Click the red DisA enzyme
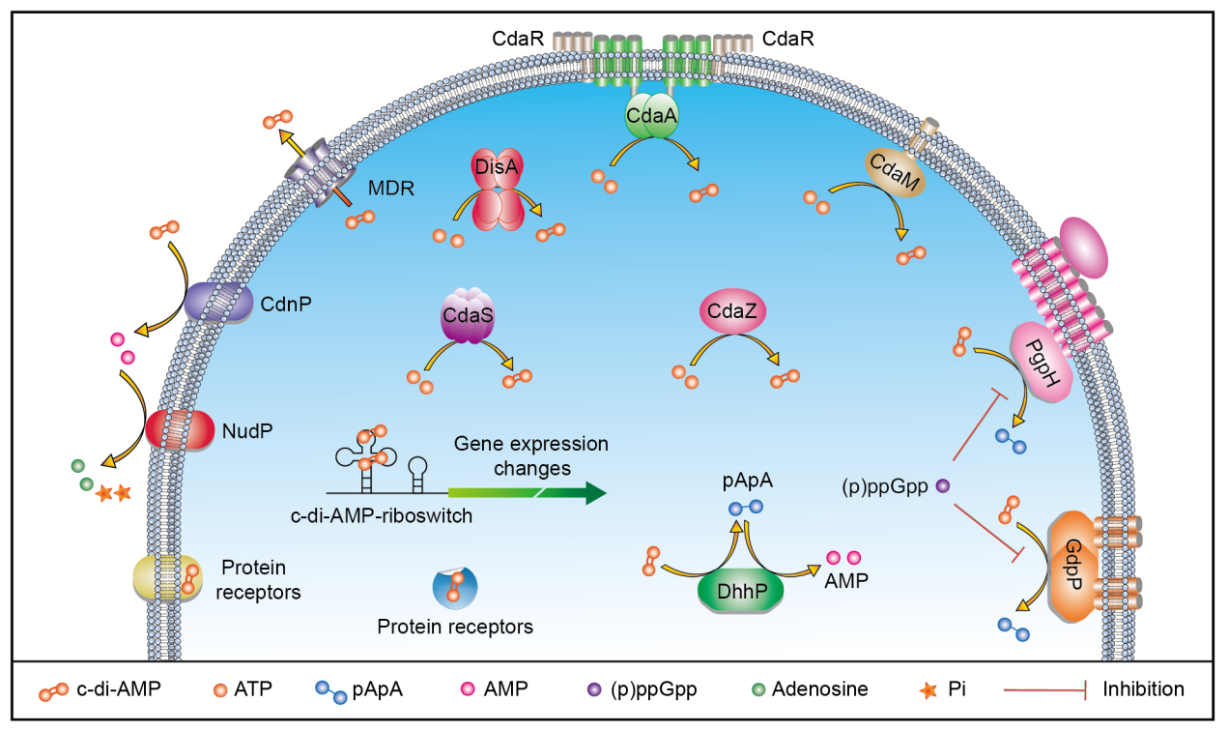(x=497, y=188)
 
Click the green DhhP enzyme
(x=740, y=589)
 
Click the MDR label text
(x=391, y=188)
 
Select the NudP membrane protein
(x=181, y=427)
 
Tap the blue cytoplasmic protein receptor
(x=454, y=586)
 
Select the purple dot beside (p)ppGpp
(x=943, y=487)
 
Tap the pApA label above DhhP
(x=745, y=480)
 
